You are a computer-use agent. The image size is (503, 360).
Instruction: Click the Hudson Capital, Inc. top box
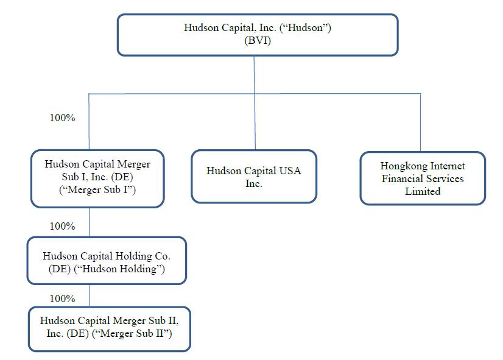[x=258, y=35]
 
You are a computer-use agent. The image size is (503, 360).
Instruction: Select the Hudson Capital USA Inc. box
[x=254, y=177]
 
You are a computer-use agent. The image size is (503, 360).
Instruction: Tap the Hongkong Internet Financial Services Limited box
[x=423, y=178]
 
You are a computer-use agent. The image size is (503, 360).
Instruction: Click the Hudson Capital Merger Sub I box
[x=97, y=178]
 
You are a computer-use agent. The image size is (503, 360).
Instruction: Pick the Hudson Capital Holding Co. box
[x=107, y=261]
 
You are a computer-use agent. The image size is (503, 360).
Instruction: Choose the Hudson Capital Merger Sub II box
[x=110, y=329]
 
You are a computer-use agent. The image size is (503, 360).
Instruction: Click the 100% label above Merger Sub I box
[x=62, y=118]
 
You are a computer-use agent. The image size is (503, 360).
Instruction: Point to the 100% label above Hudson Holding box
[x=62, y=226]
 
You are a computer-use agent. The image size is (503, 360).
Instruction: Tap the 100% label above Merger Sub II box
[x=62, y=298]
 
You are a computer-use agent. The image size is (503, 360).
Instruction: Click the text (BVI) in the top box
[x=258, y=41]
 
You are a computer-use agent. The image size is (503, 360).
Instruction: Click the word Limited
[x=423, y=191]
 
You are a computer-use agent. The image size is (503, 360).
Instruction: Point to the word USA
[x=290, y=171]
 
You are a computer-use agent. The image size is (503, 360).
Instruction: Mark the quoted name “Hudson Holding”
[x=119, y=269]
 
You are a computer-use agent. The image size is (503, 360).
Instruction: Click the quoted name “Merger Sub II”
[x=132, y=334]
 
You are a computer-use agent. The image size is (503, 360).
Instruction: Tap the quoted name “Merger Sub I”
[x=97, y=189]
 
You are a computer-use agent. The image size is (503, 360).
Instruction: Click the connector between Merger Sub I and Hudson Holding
[x=90, y=222]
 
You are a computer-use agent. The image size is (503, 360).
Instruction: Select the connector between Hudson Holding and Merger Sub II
[x=90, y=296]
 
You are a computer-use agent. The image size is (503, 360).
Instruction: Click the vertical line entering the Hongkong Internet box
[x=421, y=122]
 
